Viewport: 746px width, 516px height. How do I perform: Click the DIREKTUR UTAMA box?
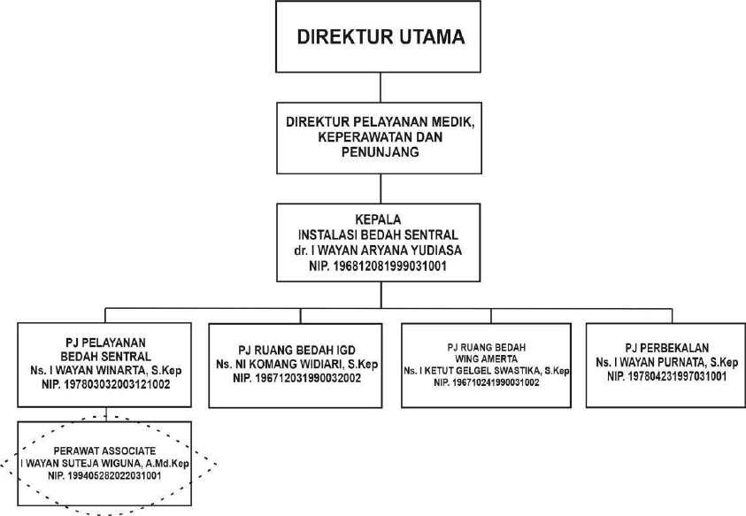(381, 37)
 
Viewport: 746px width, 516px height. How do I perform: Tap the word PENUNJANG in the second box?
(380, 152)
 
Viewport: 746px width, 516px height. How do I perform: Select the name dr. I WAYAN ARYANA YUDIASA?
(380, 250)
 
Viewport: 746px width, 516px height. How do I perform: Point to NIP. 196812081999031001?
(380, 265)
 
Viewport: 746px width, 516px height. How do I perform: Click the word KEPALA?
(380, 221)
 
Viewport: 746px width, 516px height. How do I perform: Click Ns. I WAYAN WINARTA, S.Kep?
(105, 371)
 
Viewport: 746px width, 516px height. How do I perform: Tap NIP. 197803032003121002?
(105, 385)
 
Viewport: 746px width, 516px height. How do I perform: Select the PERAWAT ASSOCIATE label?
(105, 450)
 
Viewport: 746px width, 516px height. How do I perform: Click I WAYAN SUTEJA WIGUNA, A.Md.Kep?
(105, 463)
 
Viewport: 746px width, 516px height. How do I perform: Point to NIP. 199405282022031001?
(105, 476)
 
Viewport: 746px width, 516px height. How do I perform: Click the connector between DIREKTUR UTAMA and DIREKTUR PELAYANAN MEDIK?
(381, 87)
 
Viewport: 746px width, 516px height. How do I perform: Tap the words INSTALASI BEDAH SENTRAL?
(380, 235)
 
